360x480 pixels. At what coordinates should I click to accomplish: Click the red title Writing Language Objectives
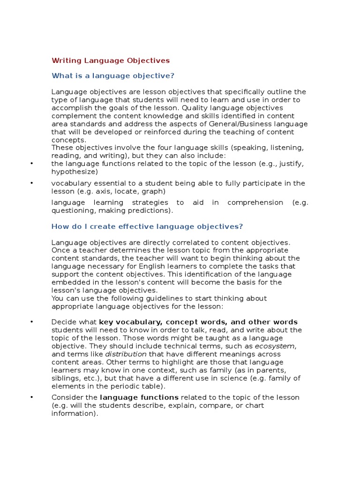[x=111, y=60]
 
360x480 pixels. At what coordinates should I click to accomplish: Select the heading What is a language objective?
[x=113, y=75]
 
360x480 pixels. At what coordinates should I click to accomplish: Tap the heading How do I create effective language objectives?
[x=147, y=226]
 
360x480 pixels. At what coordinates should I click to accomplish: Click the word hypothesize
[x=74, y=172]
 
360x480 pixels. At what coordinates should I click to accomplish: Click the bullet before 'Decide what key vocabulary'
[x=31, y=322]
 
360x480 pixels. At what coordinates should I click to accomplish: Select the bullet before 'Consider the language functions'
[x=31, y=397]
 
